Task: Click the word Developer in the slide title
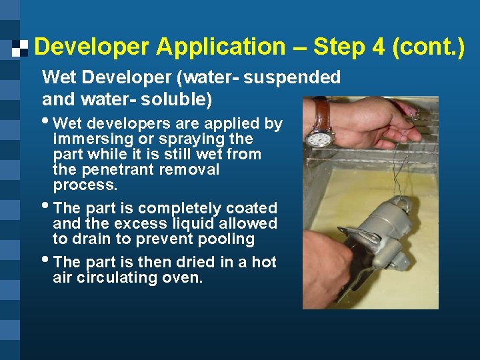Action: pos(92,47)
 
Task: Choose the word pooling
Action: pos(225,239)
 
